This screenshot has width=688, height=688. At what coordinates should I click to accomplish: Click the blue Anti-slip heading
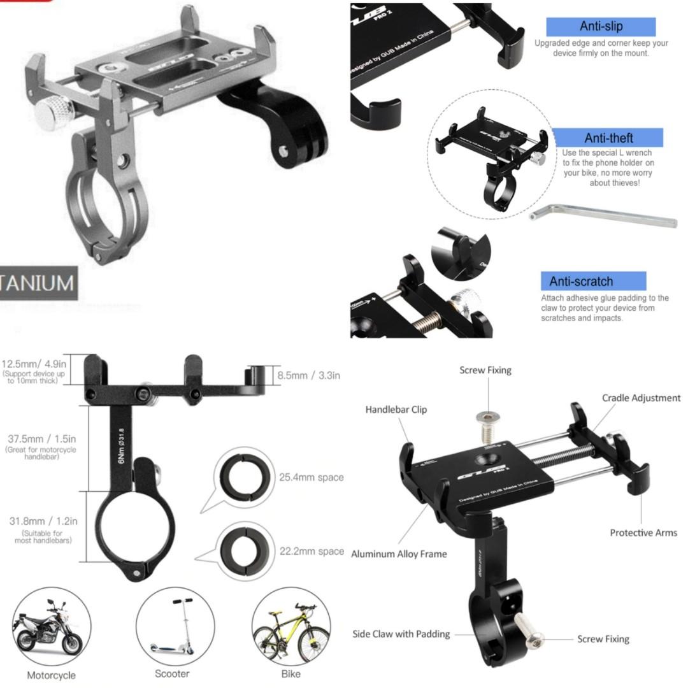pyautogui.click(x=601, y=27)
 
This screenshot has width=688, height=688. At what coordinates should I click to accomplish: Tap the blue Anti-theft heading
pyautogui.click(x=608, y=138)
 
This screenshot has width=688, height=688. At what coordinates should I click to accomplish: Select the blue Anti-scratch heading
pyautogui.click(x=581, y=281)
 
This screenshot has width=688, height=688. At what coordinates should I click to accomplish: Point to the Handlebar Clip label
pyautogui.click(x=396, y=410)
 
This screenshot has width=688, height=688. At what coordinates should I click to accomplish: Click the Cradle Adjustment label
pyautogui.click(x=641, y=398)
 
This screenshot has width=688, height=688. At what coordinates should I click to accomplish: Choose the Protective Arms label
pyautogui.click(x=643, y=533)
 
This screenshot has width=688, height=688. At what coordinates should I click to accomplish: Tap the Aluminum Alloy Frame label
pyautogui.click(x=399, y=554)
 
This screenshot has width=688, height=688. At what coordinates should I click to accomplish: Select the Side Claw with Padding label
pyautogui.click(x=401, y=634)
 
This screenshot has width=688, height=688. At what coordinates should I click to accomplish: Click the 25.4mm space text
pyautogui.click(x=311, y=477)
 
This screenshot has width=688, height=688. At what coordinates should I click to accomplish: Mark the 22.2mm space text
pyautogui.click(x=312, y=552)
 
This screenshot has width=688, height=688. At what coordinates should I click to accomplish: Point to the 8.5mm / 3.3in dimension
pyautogui.click(x=308, y=375)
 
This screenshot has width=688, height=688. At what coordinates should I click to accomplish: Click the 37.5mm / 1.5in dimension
pyautogui.click(x=42, y=440)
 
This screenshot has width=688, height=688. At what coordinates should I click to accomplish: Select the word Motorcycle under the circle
pyautogui.click(x=51, y=675)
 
